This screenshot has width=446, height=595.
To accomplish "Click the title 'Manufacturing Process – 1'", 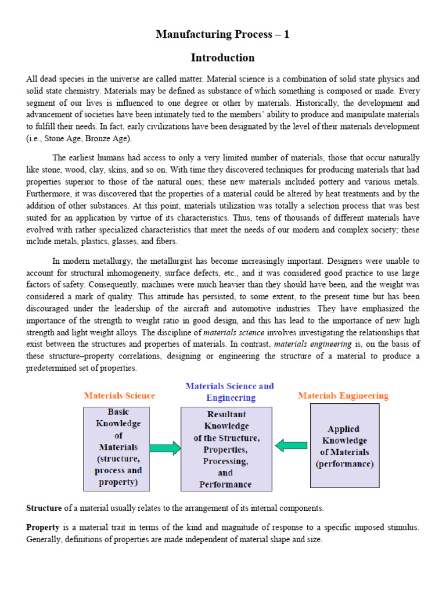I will [222, 35].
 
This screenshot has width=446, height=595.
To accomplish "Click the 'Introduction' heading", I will [222, 58].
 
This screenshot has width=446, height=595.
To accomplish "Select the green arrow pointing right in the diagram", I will [166, 448].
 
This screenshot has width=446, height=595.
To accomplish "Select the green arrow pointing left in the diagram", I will [291, 446].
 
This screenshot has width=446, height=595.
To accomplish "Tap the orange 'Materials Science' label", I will [120, 396].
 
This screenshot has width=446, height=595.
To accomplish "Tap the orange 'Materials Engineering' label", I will [343, 396].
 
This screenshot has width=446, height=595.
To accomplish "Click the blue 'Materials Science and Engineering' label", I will [230, 392].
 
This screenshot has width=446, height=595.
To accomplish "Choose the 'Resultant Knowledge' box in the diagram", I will [226, 449].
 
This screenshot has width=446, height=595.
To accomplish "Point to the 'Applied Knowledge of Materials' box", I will [344, 446].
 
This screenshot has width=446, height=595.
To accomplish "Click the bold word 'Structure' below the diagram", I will [44, 508].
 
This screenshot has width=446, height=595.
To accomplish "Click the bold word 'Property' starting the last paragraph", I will [43, 527].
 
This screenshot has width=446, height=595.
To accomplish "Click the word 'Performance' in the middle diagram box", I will [225, 484].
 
